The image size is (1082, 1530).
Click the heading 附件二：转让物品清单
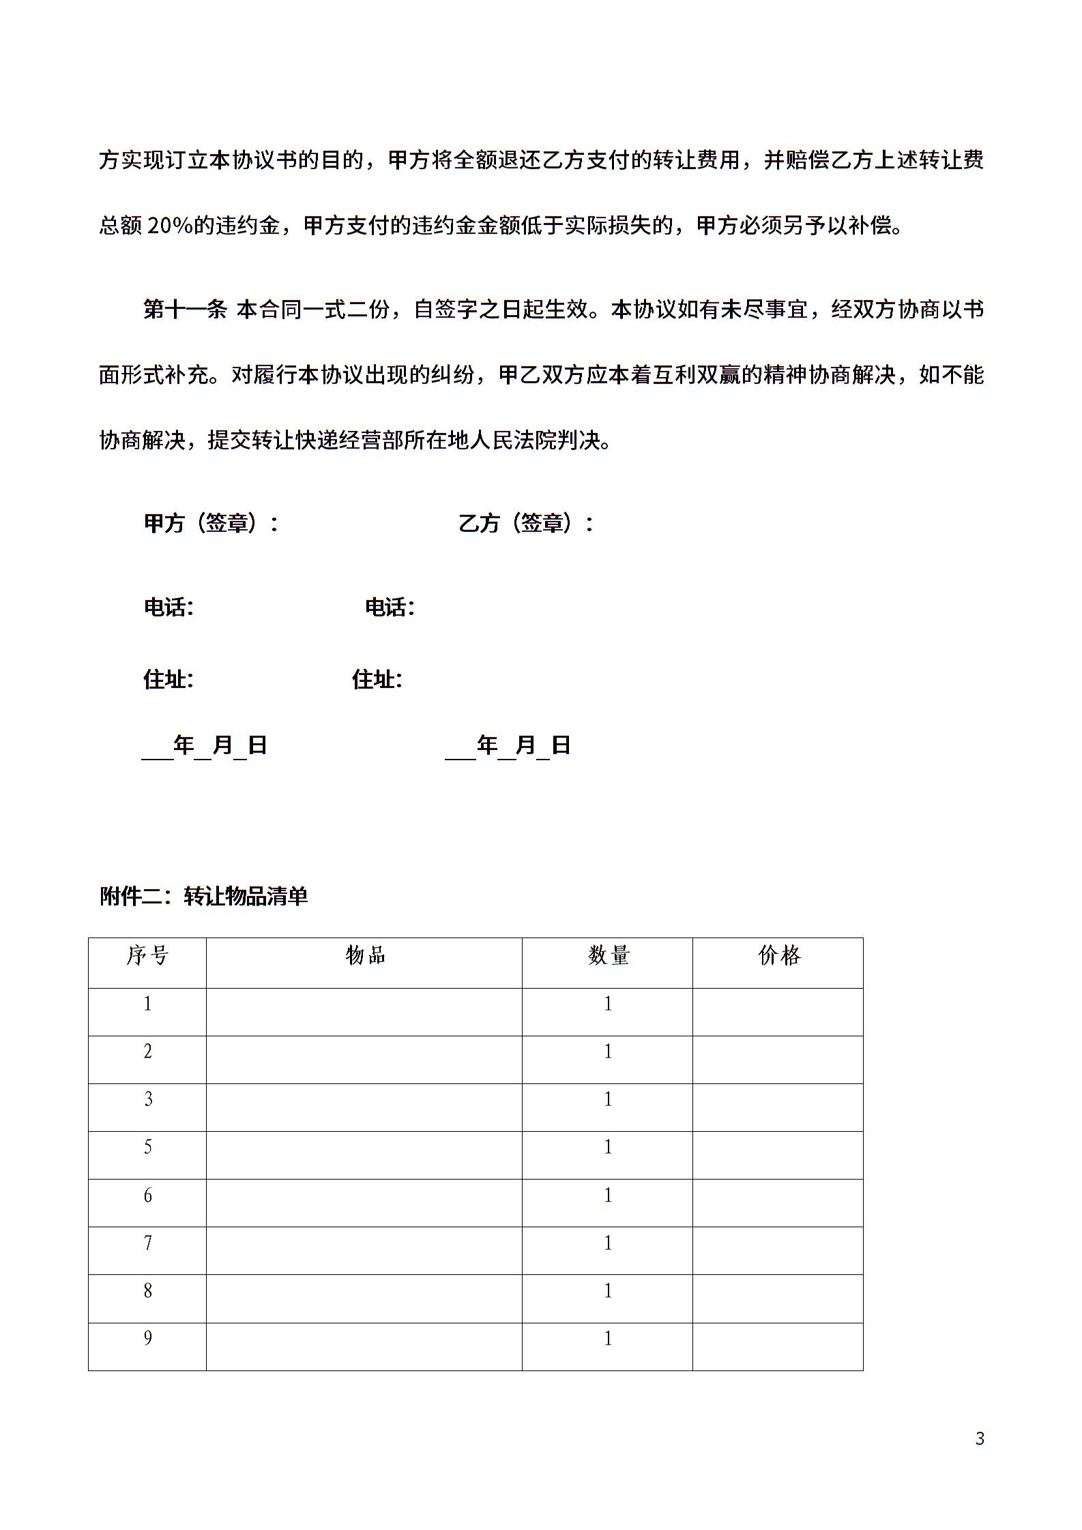pyautogui.click(x=204, y=896)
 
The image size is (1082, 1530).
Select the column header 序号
pyautogui.click(x=147, y=956)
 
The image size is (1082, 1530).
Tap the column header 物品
pyautogui.click(x=365, y=956)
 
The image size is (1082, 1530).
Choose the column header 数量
pyautogui.click(x=608, y=956)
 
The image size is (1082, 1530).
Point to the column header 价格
pyautogui.click(x=778, y=956)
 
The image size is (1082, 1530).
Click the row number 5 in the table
pyautogui.click(x=147, y=1147)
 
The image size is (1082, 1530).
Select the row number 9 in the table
pyautogui.click(x=147, y=1338)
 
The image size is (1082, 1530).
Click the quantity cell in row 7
pyautogui.click(x=608, y=1242)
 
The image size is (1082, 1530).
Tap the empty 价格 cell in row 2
pyautogui.click(x=778, y=1060)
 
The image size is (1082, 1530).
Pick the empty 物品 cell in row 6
pyautogui.click(x=364, y=1203)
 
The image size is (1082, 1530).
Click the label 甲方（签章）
pyautogui.click(x=211, y=523)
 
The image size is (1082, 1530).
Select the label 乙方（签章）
pyautogui.click(x=526, y=523)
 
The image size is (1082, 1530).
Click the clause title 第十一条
pyautogui.click(x=185, y=310)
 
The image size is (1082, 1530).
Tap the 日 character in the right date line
pyautogui.click(x=560, y=745)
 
